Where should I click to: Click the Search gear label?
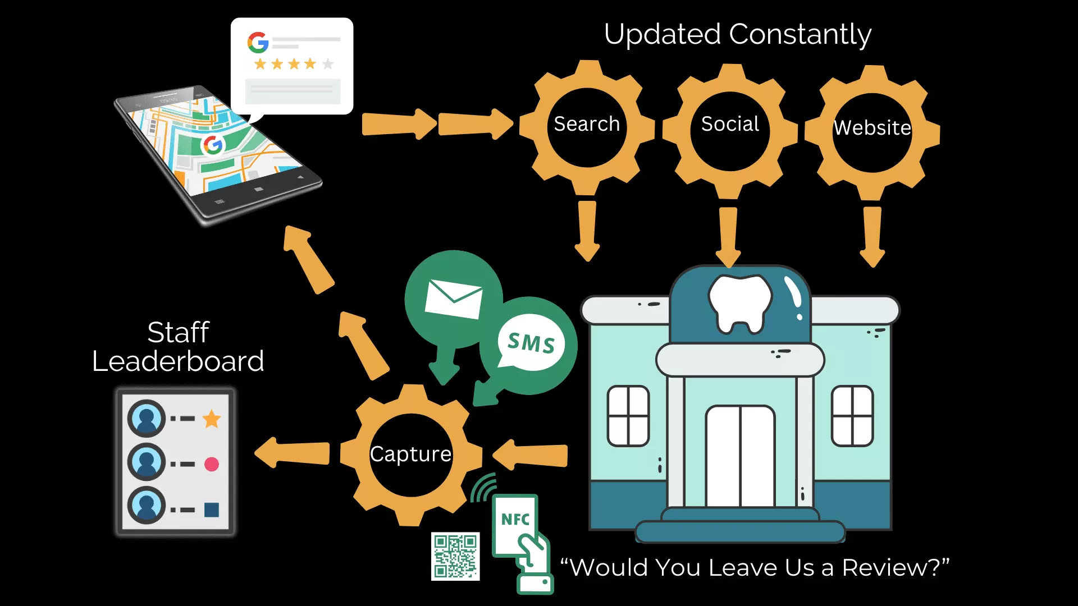point(587,124)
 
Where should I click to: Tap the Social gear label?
point(730,124)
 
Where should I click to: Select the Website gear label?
point(872,128)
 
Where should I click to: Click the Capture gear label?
point(410,454)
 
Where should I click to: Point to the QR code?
point(455,556)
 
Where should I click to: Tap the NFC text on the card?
point(515,520)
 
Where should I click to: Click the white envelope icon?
point(454,299)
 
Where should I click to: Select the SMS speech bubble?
point(531,343)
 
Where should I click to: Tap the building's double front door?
point(740,456)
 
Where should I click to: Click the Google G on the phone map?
point(213,145)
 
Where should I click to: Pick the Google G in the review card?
point(258,43)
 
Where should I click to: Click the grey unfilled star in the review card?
point(328,64)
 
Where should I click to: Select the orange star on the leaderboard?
point(212,419)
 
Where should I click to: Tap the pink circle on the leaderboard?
point(212,464)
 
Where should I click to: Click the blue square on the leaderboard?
point(212,509)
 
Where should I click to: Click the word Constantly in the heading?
point(800,35)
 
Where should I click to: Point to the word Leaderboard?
point(178,361)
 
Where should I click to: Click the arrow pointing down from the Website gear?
point(872,236)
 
